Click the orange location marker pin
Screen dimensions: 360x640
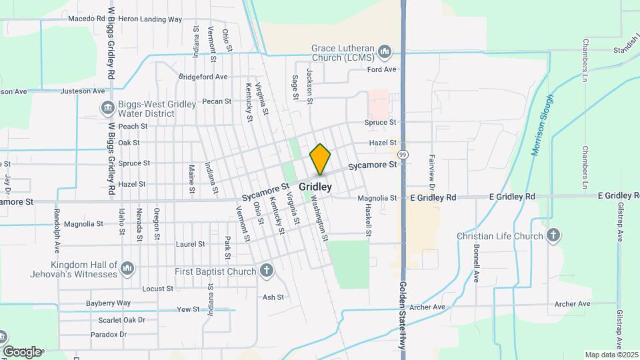321,159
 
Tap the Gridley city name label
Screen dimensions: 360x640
315,187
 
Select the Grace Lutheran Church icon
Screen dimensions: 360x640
384,52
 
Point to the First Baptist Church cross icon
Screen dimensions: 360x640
266,271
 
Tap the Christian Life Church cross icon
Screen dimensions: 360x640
553,235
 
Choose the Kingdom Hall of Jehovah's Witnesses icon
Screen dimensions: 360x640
127,269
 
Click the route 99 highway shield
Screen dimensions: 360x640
403,155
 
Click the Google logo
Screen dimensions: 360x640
21,351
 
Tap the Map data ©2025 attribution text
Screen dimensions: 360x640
611,355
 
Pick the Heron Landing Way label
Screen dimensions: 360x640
150,19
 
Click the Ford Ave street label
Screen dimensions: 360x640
382,69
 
